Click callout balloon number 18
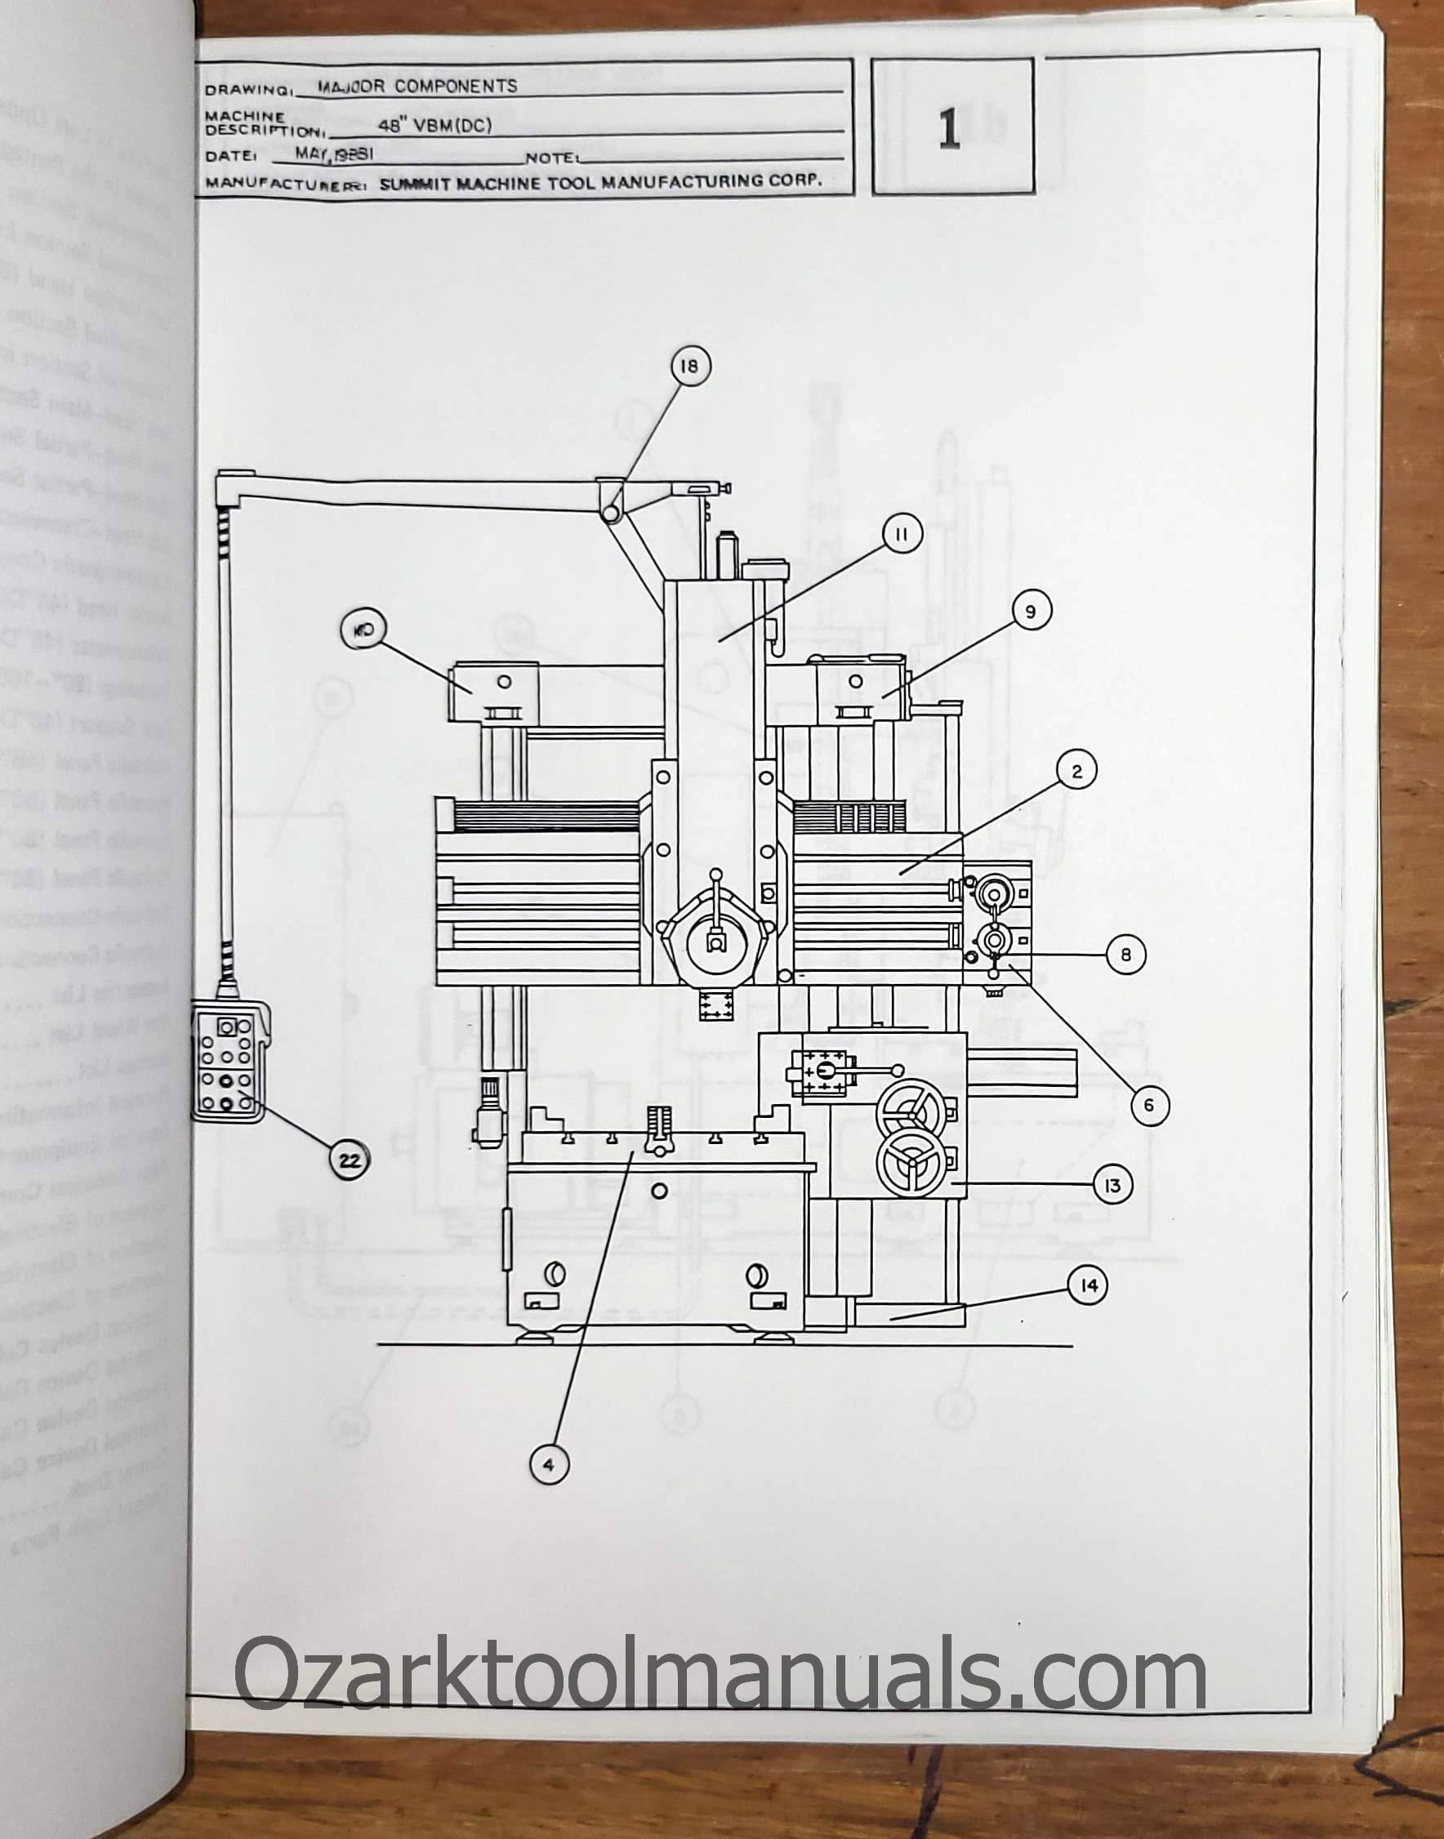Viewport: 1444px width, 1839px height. [x=690, y=366]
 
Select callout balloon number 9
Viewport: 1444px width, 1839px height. [x=1030, y=611]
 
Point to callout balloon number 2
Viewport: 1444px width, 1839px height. [x=1076, y=771]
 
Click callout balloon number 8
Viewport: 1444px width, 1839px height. [x=1125, y=954]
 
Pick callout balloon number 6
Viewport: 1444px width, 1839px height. [x=1148, y=1105]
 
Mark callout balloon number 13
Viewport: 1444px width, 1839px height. [x=1112, y=1186]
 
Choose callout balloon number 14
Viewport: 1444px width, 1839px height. [x=1088, y=1285]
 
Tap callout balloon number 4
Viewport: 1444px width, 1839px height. [x=548, y=1465]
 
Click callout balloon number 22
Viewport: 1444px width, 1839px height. [x=350, y=1160]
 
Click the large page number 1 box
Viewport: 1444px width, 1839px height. [x=952, y=127]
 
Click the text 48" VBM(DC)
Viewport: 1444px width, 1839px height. [x=435, y=126]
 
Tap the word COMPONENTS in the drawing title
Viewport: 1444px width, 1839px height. [x=456, y=87]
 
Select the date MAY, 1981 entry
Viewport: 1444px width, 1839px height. [x=334, y=154]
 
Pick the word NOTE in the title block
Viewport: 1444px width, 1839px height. [x=550, y=158]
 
